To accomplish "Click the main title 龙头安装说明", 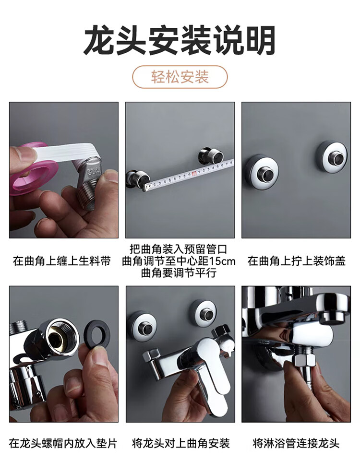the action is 180,40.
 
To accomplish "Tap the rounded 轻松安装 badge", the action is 180,77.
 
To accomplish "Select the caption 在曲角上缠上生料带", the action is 62,261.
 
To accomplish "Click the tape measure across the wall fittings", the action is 188,175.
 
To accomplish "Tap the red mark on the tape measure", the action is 194,174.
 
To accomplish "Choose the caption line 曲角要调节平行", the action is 179,273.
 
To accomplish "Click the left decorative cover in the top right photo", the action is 262,172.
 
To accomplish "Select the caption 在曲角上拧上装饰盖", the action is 297,261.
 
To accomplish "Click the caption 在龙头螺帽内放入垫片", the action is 63,443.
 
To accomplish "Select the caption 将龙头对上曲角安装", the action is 180,443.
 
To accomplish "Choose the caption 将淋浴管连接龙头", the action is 296,443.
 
